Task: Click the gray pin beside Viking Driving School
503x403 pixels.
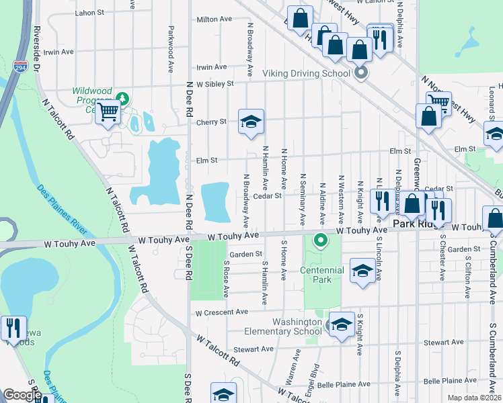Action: coord(361,73)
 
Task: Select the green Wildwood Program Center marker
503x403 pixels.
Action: coord(122,99)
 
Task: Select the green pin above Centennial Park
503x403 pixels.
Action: coord(321,239)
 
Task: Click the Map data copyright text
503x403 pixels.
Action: coord(474,398)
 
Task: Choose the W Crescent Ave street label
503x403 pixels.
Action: coord(222,312)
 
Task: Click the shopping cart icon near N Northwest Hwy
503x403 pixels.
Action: coord(438,102)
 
